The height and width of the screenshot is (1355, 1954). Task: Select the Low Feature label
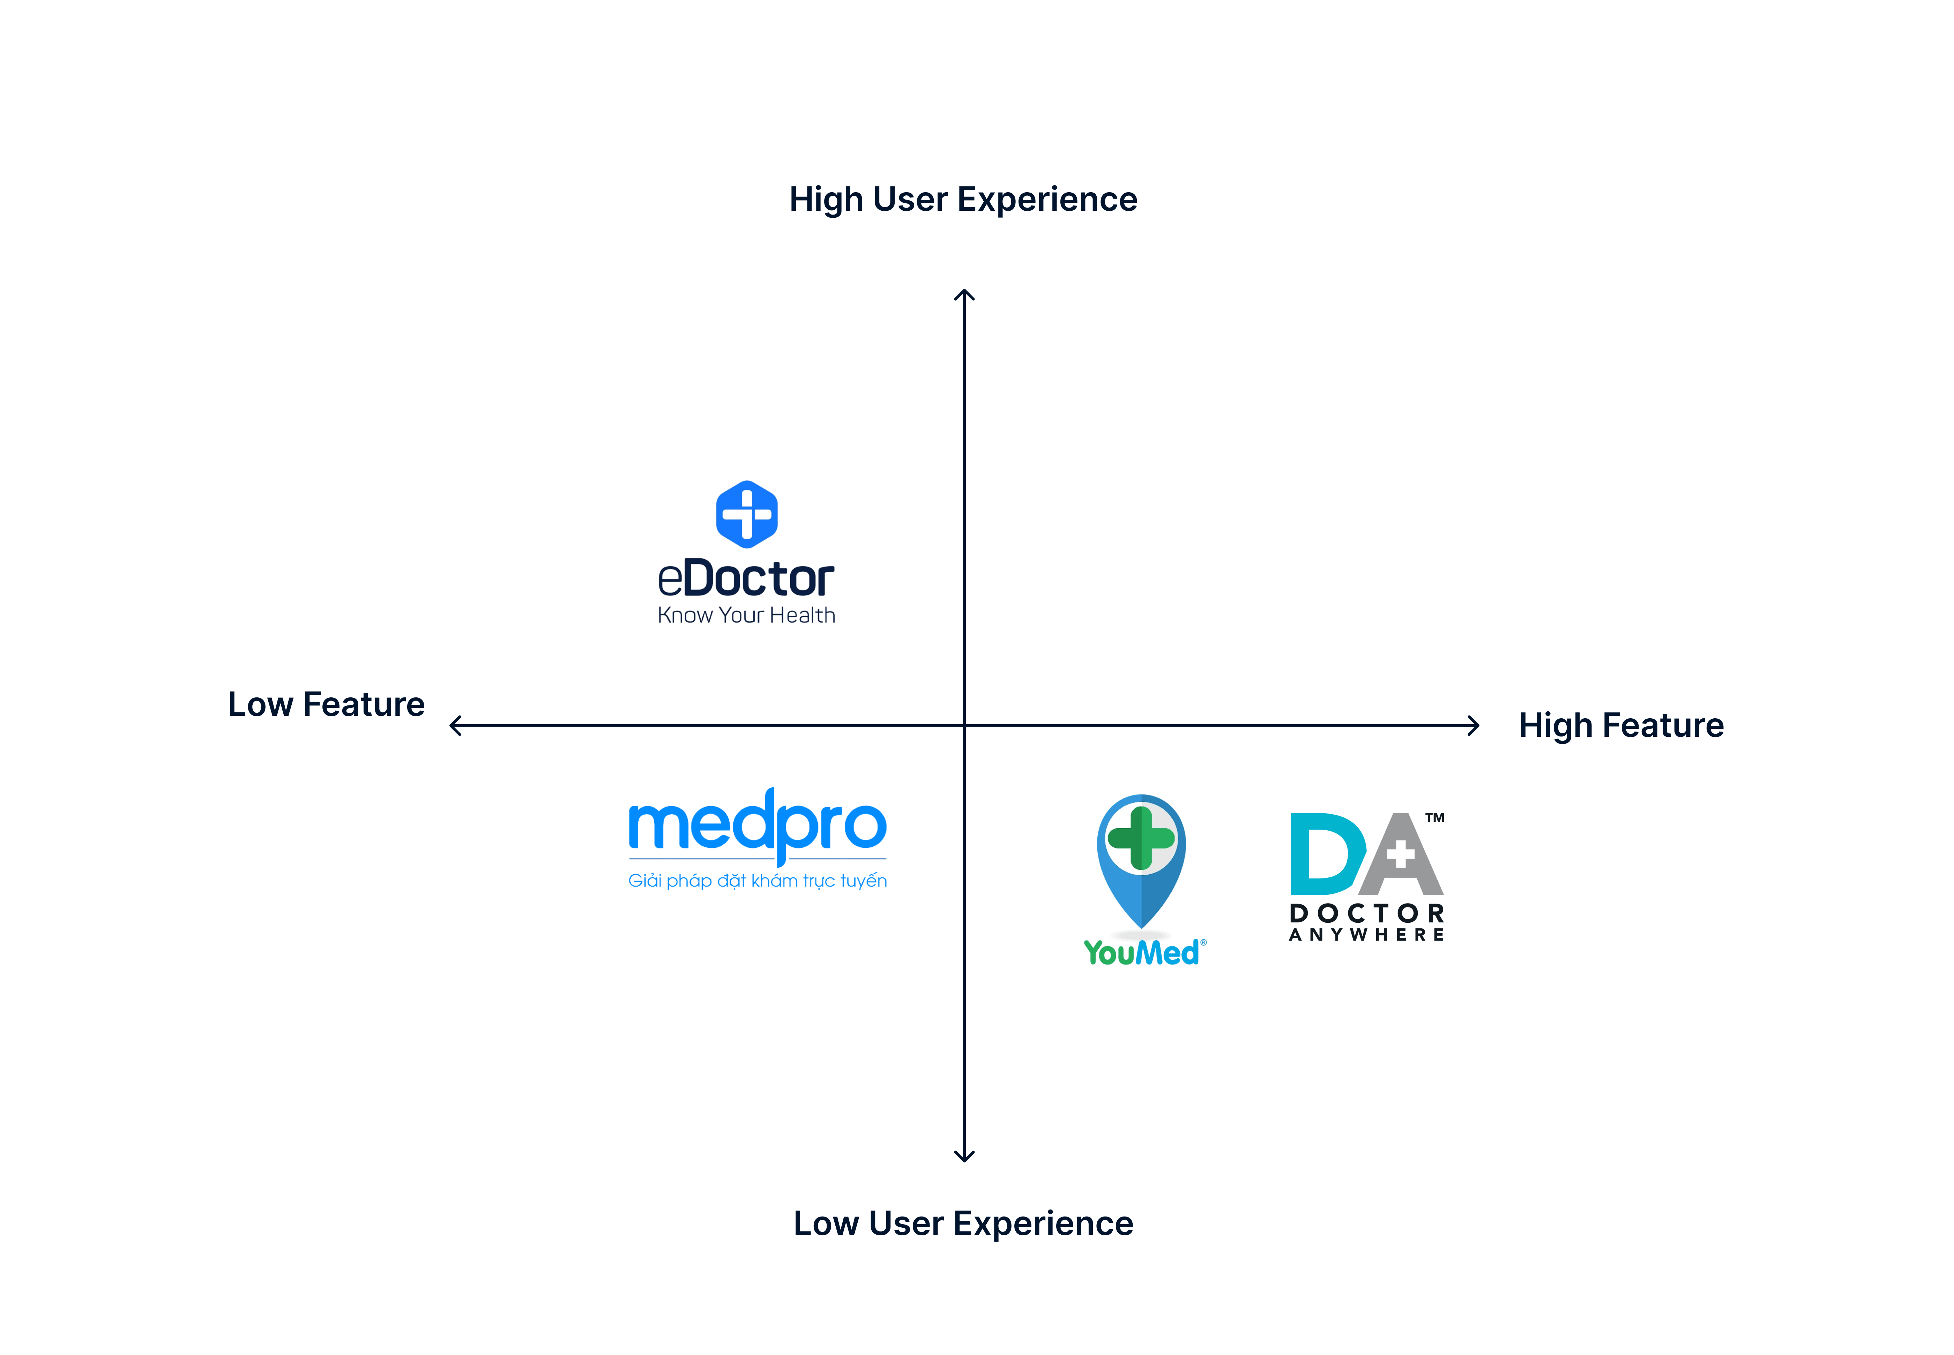click(326, 705)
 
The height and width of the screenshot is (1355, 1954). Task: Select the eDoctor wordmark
click(746, 579)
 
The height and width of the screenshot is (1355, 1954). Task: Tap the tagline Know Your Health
click(746, 615)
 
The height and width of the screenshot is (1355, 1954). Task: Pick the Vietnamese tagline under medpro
click(756, 881)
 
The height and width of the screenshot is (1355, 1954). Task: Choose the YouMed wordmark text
click(1141, 952)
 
